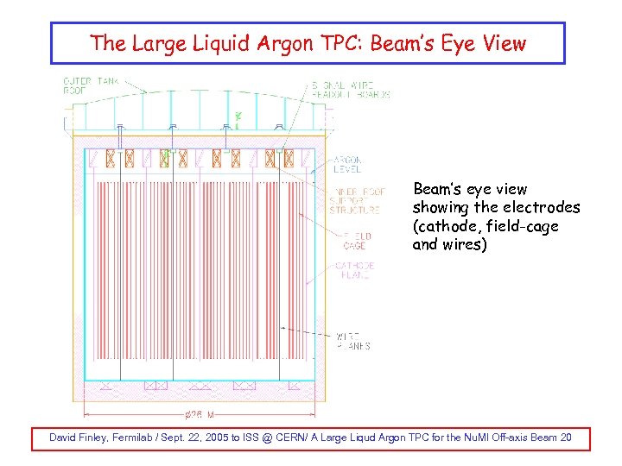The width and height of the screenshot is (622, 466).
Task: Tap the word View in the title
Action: [x=503, y=43]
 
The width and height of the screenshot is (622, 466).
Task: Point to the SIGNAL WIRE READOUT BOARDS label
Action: [x=349, y=89]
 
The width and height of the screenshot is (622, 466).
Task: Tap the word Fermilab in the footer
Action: [x=148, y=438]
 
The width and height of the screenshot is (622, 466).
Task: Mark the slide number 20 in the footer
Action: [x=565, y=438]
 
